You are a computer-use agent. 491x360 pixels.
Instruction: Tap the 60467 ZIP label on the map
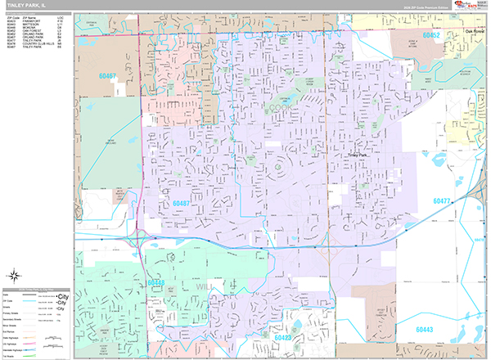point(107,75)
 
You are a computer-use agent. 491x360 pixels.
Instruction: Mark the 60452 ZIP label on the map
point(431,36)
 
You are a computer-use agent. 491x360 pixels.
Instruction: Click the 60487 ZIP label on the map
point(182,203)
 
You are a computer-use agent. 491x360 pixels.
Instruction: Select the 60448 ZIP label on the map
point(157,282)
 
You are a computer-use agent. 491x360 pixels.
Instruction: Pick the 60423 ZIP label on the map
point(282,336)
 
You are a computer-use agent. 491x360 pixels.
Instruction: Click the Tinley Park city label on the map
point(359,154)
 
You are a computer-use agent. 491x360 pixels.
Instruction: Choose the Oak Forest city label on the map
point(472,33)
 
